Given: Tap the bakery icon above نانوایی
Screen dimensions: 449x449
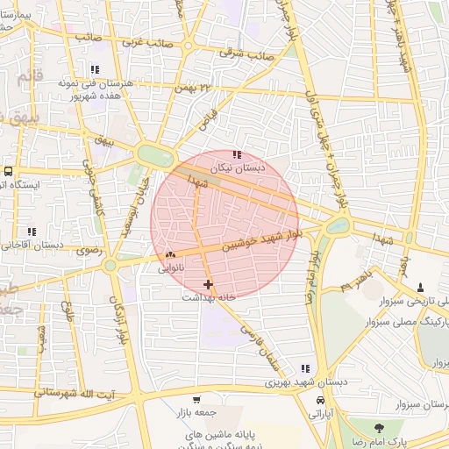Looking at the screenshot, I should [170, 255].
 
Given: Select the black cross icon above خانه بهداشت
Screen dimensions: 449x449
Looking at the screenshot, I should [208, 284].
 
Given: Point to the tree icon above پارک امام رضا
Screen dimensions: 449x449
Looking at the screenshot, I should [379, 428].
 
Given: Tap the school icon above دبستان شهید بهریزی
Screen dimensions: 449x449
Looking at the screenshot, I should [305, 369].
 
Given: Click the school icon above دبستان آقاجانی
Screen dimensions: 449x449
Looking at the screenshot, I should [32, 232].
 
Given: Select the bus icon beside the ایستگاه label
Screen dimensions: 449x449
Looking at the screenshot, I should [8, 171].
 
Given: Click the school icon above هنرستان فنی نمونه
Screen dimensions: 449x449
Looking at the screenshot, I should [95, 69].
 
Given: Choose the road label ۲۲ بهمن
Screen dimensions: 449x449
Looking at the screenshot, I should [193, 88].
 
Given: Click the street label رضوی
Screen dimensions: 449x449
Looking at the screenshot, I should [90, 251].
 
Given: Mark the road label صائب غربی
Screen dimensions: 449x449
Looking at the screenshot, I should [146, 41].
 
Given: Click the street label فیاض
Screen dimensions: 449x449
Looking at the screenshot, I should [207, 116].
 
